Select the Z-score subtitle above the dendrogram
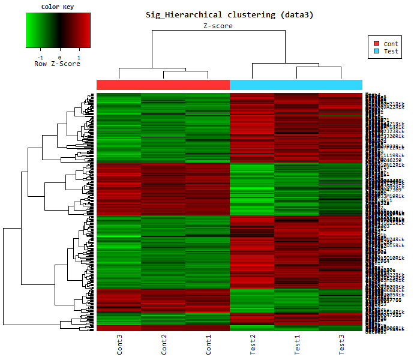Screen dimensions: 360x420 click(217, 26)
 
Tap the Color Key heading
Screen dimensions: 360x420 click(58, 7)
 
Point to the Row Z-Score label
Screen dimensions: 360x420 click(58, 64)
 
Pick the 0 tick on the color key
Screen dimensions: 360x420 click(59, 56)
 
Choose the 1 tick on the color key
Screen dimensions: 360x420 click(79, 56)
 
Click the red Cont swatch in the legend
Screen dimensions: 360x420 click(376, 44)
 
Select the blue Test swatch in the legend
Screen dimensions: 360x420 click(376, 52)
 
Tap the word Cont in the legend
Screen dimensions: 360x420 click(391, 44)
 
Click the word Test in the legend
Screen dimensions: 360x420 click(391, 52)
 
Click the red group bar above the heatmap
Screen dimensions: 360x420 click(163, 85)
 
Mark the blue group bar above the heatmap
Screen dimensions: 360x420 click(296, 85)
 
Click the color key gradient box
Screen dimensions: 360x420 click(58, 30)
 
